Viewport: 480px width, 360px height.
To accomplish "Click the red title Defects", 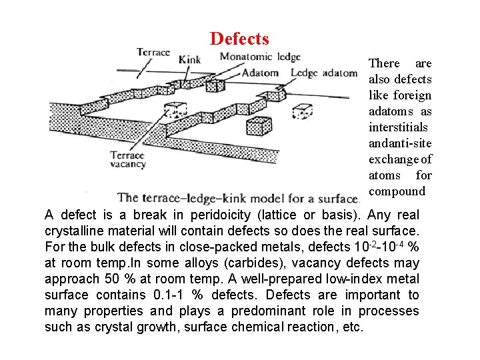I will (x=239, y=39).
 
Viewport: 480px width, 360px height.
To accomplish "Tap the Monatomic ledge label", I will (x=260, y=57).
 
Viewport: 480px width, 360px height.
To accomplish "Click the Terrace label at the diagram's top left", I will (x=153, y=52).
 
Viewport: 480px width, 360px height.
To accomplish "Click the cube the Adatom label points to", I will (x=175, y=110).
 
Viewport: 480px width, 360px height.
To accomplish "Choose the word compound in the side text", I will (x=397, y=191).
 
